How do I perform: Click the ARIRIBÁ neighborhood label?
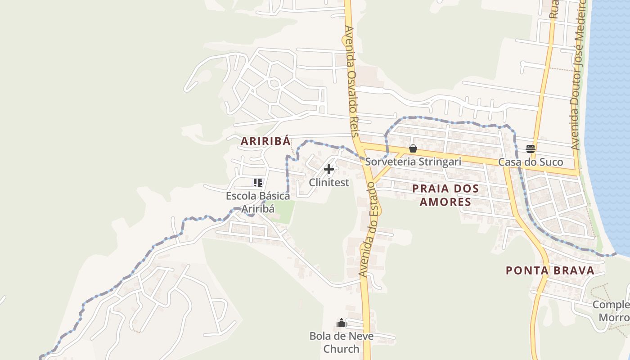pyautogui.click(x=265, y=141)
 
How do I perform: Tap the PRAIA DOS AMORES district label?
pyautogui.click(x=445, y=195)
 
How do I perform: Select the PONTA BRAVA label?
pyautogui.click(x=550, y=270)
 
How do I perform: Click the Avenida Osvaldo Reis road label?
pyautogui.click(x=352, y=81)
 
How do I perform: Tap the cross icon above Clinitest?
pyautogui.click(x=329, y=169)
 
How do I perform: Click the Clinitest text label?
pyautogui.click(x=329, y=182)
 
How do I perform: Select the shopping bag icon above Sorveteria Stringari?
pyautogui.click(x=413, y=148)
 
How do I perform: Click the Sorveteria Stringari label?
pyautogui.click(x=413, y=162)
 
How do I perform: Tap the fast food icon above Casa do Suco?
pyautogui.click(x=531, y=148)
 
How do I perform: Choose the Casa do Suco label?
pyautogui.click(x=531, y=162)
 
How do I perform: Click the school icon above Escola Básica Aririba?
pyautogui.click(x=257, y=183)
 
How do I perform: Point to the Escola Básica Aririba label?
pyautogui.click(x=258, y=202)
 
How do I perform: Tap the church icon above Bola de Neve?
pyautogui.click(x=342, y=323)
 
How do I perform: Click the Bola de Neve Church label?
pyautogui.click(x=341, y=342)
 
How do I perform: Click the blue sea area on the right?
pyautogui.click(x=612, y=112)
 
